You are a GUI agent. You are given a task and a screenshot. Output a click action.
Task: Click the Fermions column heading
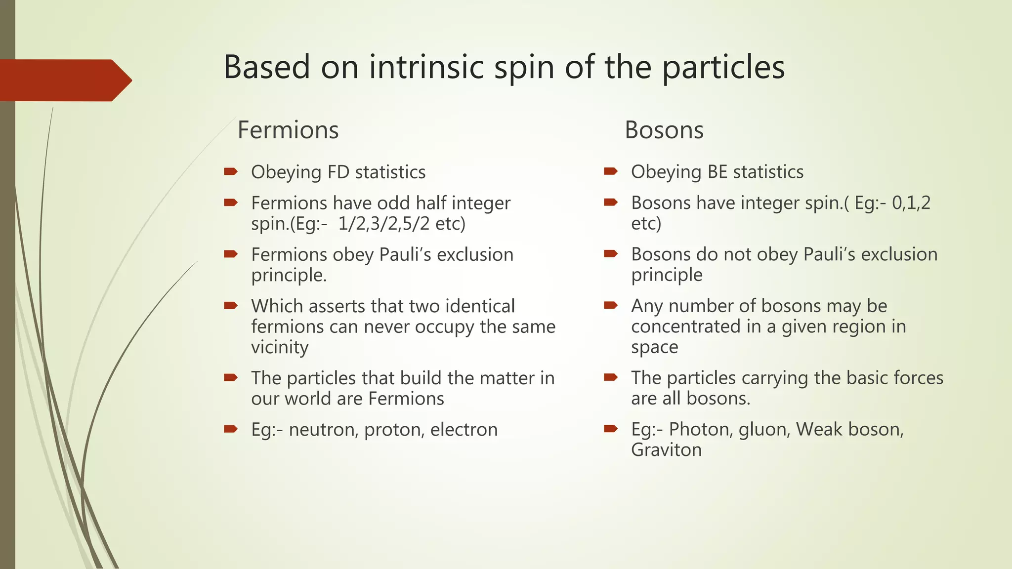pyautogui.click(x=288, y=130)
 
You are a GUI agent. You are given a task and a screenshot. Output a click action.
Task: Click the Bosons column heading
pyautogui.click(x=664, y=130)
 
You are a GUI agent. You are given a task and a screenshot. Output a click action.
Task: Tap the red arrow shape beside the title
pyautogui.click(x=64, y=80)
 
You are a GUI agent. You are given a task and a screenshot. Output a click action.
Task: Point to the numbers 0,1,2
pyautogui.click(x=911, y=203)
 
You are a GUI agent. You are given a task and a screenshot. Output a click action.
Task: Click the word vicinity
pyautogui.click(x=280, y=347)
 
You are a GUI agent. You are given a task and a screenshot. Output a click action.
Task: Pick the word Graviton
pyautogui.click(x=666, y=450)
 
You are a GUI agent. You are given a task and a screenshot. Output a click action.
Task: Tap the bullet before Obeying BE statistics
pyautogui.click(x=611, y=171)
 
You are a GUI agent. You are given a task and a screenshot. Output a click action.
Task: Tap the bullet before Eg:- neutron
pyautogui.click(x=231, y=429)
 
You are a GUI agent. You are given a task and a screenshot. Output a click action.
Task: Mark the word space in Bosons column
pyautogui.click(x=654, y=347)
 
